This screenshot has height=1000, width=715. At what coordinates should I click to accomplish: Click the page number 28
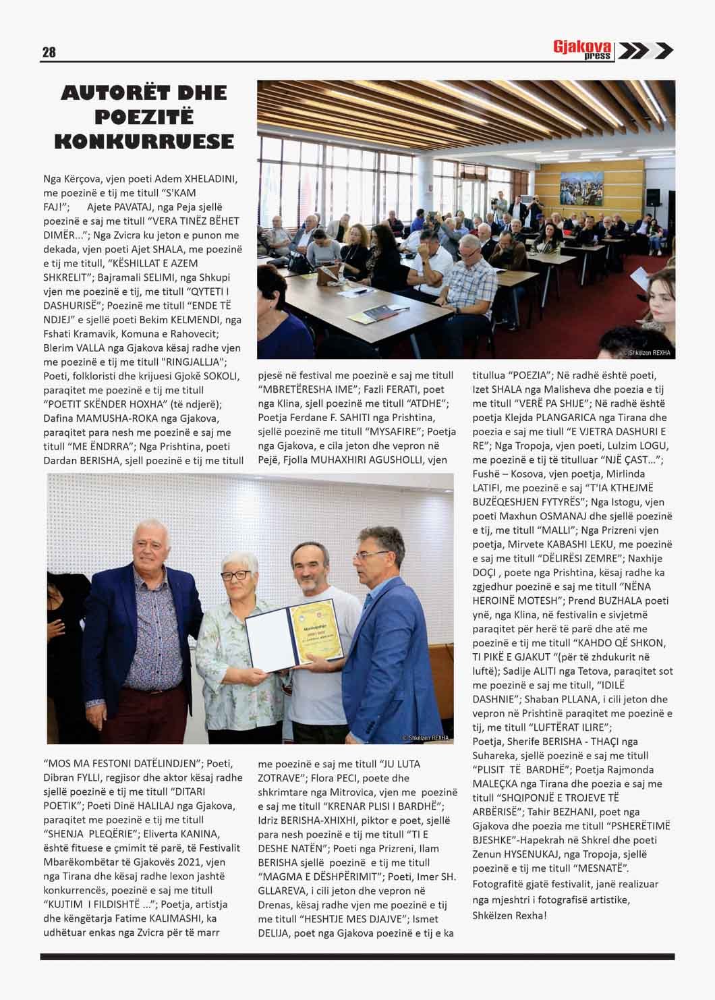[49, 52]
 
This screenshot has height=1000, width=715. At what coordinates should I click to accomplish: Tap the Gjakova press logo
[582, 50]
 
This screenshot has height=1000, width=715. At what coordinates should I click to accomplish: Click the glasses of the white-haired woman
[236, 576]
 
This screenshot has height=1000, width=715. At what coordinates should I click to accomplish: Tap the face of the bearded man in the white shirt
[312, 564]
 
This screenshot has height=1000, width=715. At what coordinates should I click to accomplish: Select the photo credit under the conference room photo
[648, 352]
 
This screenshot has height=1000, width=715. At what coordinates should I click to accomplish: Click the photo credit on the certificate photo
[425, 738]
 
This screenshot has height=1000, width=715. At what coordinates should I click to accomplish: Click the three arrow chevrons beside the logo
[645, 51]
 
